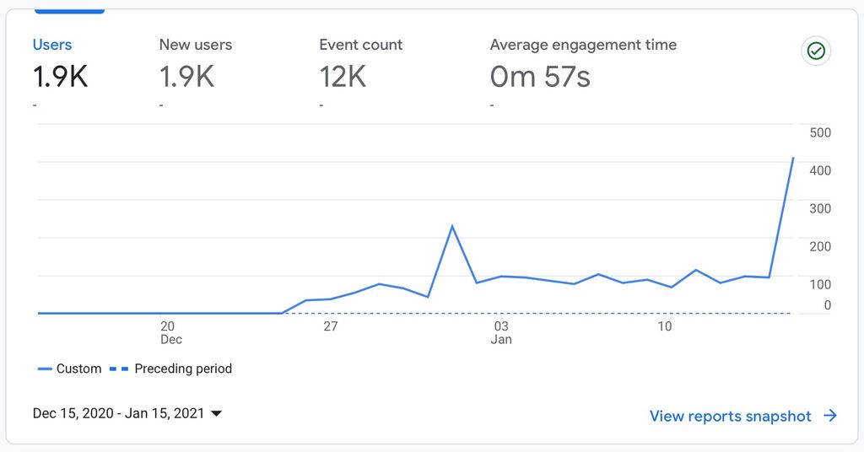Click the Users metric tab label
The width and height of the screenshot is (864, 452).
(x=52, y=45)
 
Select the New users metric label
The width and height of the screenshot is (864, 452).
(x=195, y=45)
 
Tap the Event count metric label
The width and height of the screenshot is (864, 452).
(x=360, y=45)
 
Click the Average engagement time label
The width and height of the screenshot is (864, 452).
(x=583, y=45)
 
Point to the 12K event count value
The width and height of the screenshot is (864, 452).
(x=343, y=77)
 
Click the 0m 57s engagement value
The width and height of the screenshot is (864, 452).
(x=540, y=77)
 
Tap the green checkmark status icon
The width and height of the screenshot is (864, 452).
(x=816, y=51)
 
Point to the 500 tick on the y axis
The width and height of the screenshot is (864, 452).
(x=820, y=132)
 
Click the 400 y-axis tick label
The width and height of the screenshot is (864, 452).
(x=820, y=170)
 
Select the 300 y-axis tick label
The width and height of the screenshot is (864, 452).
(x=820, y=208)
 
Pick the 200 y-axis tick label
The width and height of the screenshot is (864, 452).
(x=820, y=246)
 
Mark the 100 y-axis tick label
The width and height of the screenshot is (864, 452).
(x=820, y=284)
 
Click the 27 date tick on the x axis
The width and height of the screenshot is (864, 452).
(x=330, y=326)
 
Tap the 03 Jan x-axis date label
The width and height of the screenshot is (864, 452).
(x=501, y=332)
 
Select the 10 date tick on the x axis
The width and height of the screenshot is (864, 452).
(x=665, y=326)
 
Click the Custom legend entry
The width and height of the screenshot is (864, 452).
(x=70, y=369)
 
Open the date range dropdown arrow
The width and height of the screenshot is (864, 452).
(x=216, y=414)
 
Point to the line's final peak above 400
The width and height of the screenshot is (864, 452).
(x=793, y=158)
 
